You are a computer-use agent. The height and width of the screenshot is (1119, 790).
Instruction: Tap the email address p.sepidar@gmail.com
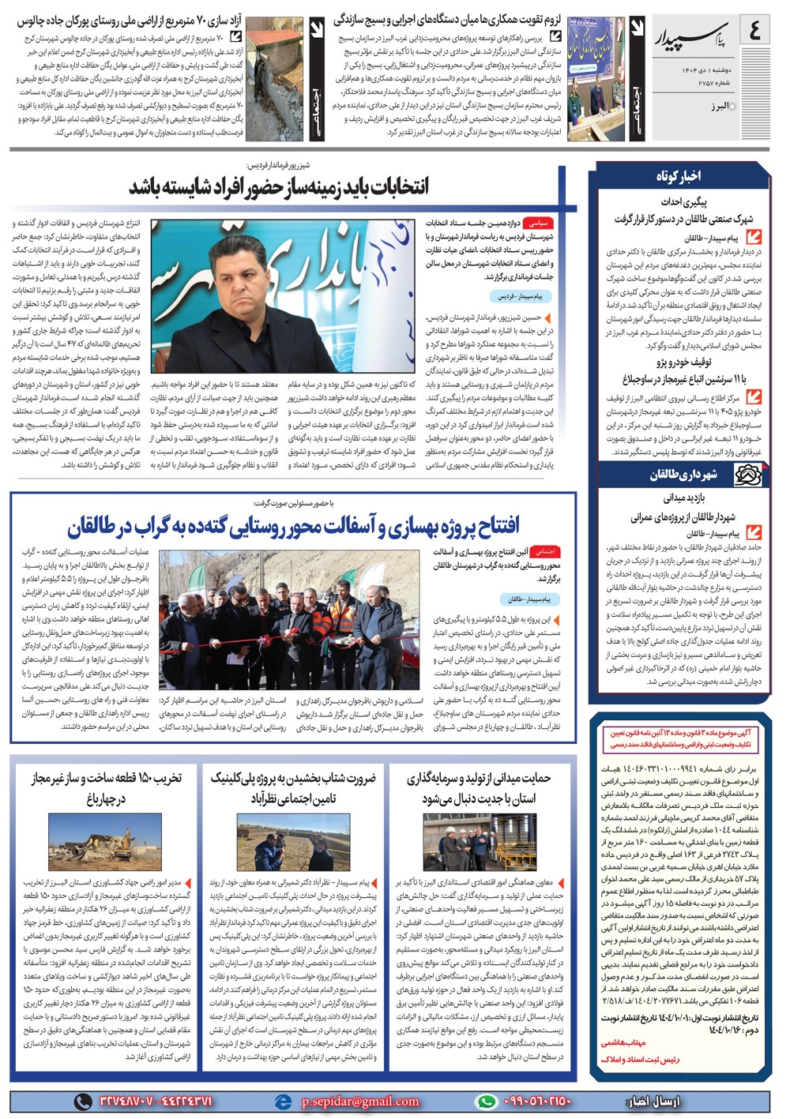(360, 1101)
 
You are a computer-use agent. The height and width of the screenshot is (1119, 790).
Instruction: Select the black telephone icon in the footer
(81, 1101)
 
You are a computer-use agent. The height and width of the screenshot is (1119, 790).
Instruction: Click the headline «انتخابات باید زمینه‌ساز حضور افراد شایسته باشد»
(278, 186)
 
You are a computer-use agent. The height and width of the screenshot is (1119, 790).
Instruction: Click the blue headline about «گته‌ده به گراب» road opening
(293, 526)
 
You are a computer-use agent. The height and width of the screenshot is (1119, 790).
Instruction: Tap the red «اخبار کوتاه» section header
(678, 176)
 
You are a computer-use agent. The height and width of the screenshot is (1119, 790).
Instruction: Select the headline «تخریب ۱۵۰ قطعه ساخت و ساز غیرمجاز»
(107, 787)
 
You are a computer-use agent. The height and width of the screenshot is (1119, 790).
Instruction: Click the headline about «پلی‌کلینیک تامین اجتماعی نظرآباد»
(293, 787)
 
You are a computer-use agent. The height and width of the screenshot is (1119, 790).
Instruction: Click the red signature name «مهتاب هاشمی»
(624, 1043)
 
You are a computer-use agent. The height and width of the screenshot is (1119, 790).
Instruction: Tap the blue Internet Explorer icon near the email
(282, 1101)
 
